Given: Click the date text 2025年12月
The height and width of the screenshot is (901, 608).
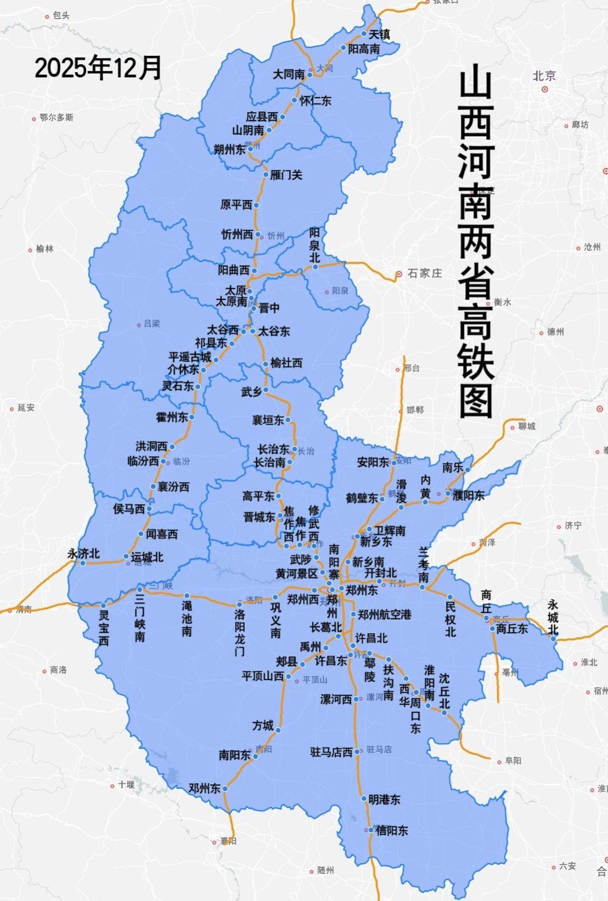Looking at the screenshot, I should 99,68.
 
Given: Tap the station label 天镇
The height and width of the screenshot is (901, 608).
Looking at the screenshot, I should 378,34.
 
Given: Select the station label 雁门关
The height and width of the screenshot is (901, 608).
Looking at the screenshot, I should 286,175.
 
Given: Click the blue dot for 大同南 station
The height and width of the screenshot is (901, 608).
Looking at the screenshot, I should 310,74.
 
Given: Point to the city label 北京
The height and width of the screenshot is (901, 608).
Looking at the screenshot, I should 544,76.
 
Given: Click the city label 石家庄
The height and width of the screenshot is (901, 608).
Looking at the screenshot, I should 424,273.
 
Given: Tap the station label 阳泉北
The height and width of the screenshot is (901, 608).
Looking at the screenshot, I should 315,245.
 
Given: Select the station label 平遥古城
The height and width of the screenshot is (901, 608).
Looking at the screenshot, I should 190,357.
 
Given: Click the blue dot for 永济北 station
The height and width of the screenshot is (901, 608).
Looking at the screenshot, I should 83,563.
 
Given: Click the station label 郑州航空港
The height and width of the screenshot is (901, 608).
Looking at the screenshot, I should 384,615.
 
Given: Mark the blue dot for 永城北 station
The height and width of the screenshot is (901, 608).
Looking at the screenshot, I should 554,639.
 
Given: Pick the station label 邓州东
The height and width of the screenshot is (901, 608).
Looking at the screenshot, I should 204,788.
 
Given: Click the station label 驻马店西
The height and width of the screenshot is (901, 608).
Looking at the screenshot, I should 331,752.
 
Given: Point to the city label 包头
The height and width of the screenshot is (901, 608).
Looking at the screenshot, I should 61,16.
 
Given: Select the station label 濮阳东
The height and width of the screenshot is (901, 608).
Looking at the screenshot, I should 468,496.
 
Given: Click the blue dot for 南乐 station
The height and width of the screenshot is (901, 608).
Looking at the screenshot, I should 467,469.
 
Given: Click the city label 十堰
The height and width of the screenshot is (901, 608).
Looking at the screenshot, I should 126,784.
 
